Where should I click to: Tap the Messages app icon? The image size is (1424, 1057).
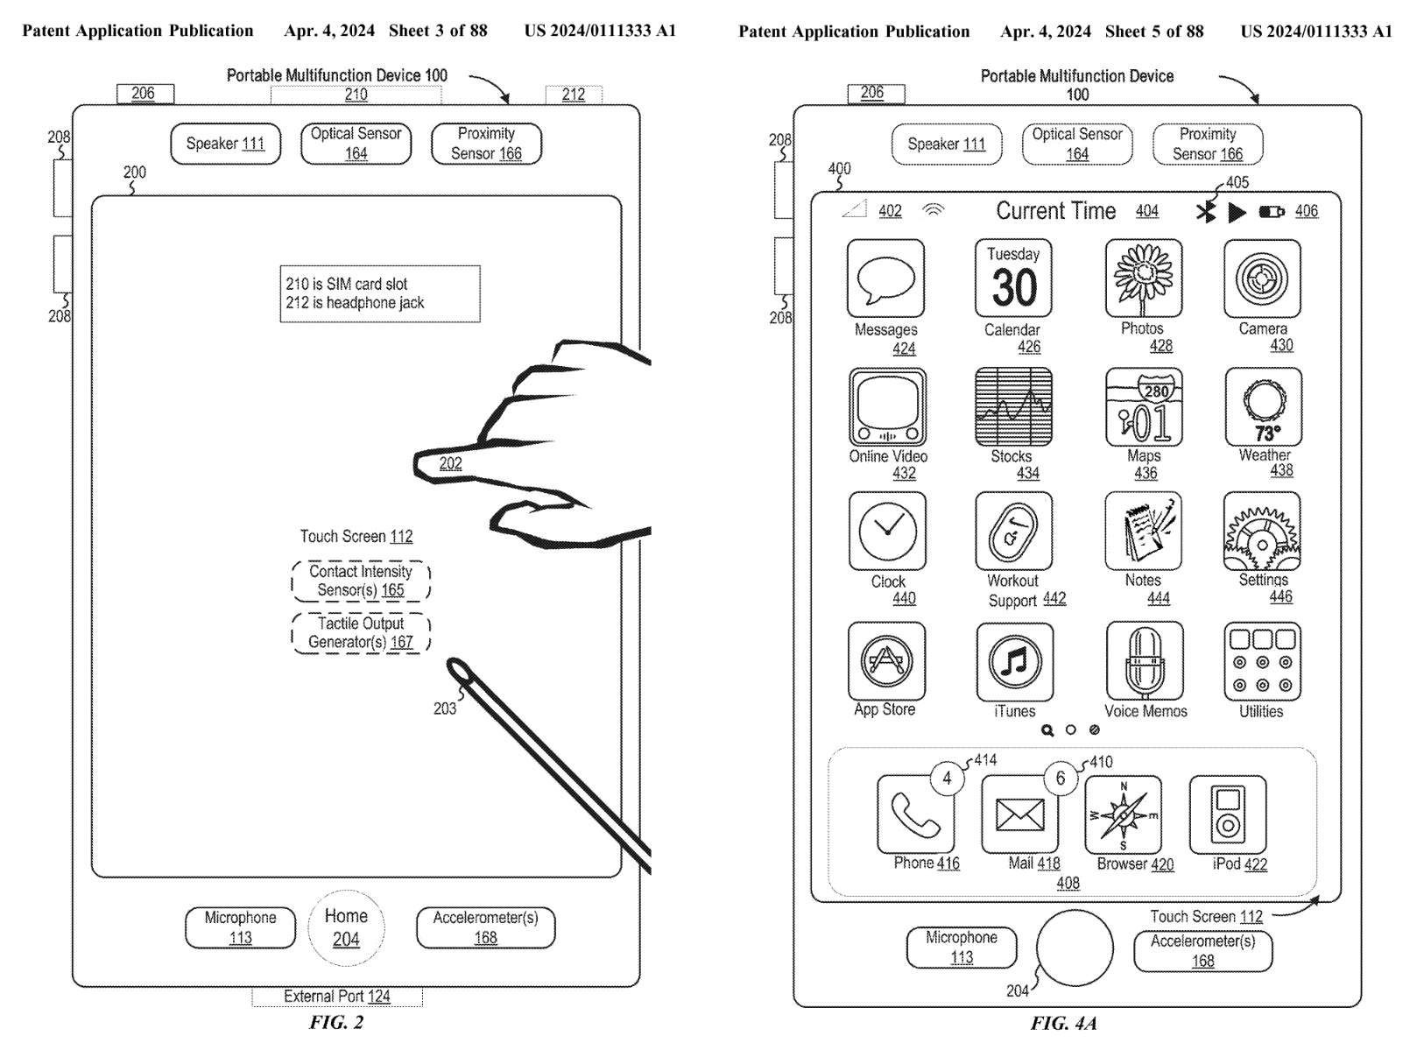point(885,278)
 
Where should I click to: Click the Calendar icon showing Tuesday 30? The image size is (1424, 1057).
point(1013,278)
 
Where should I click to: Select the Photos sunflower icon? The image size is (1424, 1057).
point(1144,278)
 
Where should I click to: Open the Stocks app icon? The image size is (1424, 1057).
point(1013,407)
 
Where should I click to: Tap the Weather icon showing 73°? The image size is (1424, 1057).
point(1263,407)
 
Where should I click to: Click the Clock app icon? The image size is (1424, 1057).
point(887,532)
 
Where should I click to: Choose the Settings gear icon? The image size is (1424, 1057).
point(1262,532)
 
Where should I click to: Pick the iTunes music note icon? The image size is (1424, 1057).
point(1014,662)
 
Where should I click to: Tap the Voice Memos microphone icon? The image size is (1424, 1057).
point(1144,661)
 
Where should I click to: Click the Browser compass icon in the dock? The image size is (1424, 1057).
point(1124,815)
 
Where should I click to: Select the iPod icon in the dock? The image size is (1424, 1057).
point(1228,814)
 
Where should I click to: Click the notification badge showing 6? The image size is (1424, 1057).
point(1061,779)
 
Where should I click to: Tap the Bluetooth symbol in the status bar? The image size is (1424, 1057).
point(1206,212)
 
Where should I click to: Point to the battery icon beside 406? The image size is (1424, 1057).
point(1272,212)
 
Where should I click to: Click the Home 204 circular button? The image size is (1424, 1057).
point(346,927)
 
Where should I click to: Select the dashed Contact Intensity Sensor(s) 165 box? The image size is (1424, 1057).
point(361,581)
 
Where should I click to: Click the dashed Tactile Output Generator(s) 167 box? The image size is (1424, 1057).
point(361,632)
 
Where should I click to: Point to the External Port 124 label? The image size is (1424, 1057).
point(337,997)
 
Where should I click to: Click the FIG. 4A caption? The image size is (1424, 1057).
point(1063,1023)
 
